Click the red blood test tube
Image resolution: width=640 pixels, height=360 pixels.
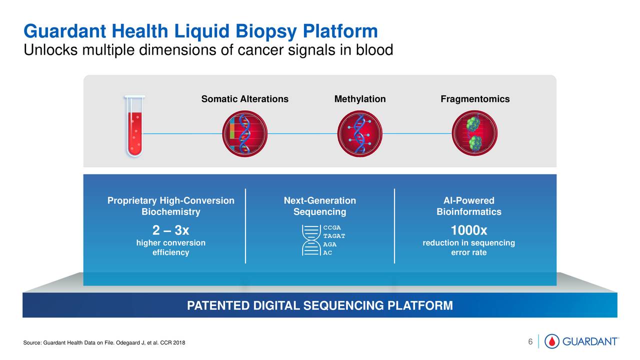(x=135, y=126)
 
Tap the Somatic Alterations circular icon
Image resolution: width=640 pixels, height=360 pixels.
(x=244, y=132)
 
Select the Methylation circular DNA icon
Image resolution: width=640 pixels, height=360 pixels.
(x=360, y=132)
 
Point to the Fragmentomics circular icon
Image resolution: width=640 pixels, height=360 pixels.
(x=475, y=132)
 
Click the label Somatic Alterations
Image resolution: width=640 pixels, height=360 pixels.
(x=244, y=99)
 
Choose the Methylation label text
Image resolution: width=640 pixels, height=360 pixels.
(x=360, y=99)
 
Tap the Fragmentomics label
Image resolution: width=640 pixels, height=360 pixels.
(x=475, y=99)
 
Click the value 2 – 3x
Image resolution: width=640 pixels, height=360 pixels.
(x=170, y=231)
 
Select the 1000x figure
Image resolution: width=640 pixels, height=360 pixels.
(x=468, y=231)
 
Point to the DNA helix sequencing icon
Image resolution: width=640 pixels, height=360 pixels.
(x=311, y=240)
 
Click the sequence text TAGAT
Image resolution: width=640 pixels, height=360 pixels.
(x=334, y=235)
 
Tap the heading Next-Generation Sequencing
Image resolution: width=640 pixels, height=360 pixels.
(x=320, y=206)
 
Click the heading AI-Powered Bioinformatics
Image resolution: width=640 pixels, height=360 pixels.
(x=468, y=206)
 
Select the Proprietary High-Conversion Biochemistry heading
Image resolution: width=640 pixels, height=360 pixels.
(x=170, y=206)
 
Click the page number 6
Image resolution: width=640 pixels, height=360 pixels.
(x=530, y=341)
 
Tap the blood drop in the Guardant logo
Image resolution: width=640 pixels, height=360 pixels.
(x=552, y=341)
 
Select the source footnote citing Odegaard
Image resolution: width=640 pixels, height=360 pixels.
(x=104, y=342)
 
